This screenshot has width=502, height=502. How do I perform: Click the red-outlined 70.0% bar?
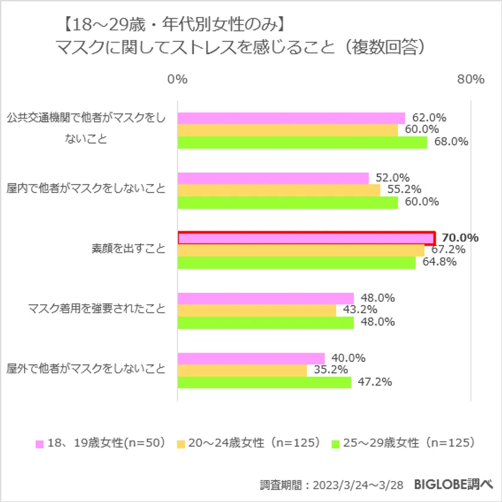pyautogui.click(x=306, y=238)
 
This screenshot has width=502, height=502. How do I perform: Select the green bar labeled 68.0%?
pyautogui.click(x=302, y=142)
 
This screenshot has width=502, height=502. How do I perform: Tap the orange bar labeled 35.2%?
pyautogui.click(x=242, y=370)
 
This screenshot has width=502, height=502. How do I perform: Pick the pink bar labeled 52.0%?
pyautogui.click(x=273, y=178)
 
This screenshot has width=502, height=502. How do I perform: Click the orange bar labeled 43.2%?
pyautogui.click(x=257, y=310)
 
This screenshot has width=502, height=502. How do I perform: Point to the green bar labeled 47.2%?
pyautogui.click(x=264, y=382)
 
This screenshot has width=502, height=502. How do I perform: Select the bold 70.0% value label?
pyautogui.click(x=460, y=238)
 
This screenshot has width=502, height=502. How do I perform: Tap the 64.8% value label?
pyautogui.click(x=437, y=262)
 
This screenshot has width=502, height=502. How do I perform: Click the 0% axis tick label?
pyautogui.click(x=177, y=79)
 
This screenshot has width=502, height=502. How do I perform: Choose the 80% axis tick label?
pyautogui.click(x=471, y=79)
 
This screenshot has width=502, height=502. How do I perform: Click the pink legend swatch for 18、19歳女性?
pyautogui.click(x=40, y=444)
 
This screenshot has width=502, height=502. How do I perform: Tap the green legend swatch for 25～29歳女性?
pyautogui.click(x=336, y=444)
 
